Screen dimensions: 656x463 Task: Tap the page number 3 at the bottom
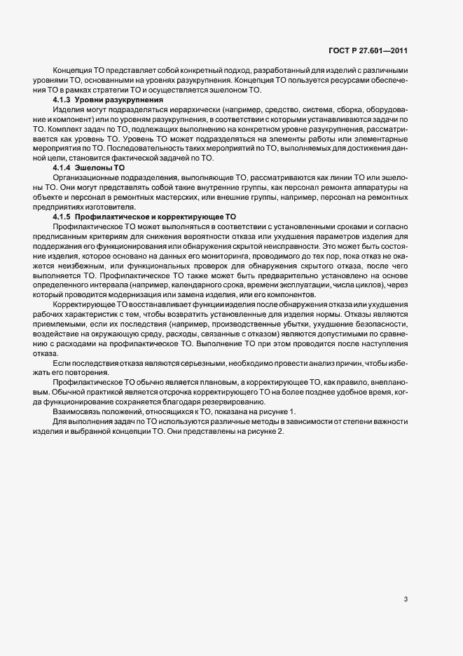406,599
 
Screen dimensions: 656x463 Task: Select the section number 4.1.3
62,101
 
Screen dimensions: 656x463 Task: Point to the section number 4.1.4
62,169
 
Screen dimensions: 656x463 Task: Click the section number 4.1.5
62,218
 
